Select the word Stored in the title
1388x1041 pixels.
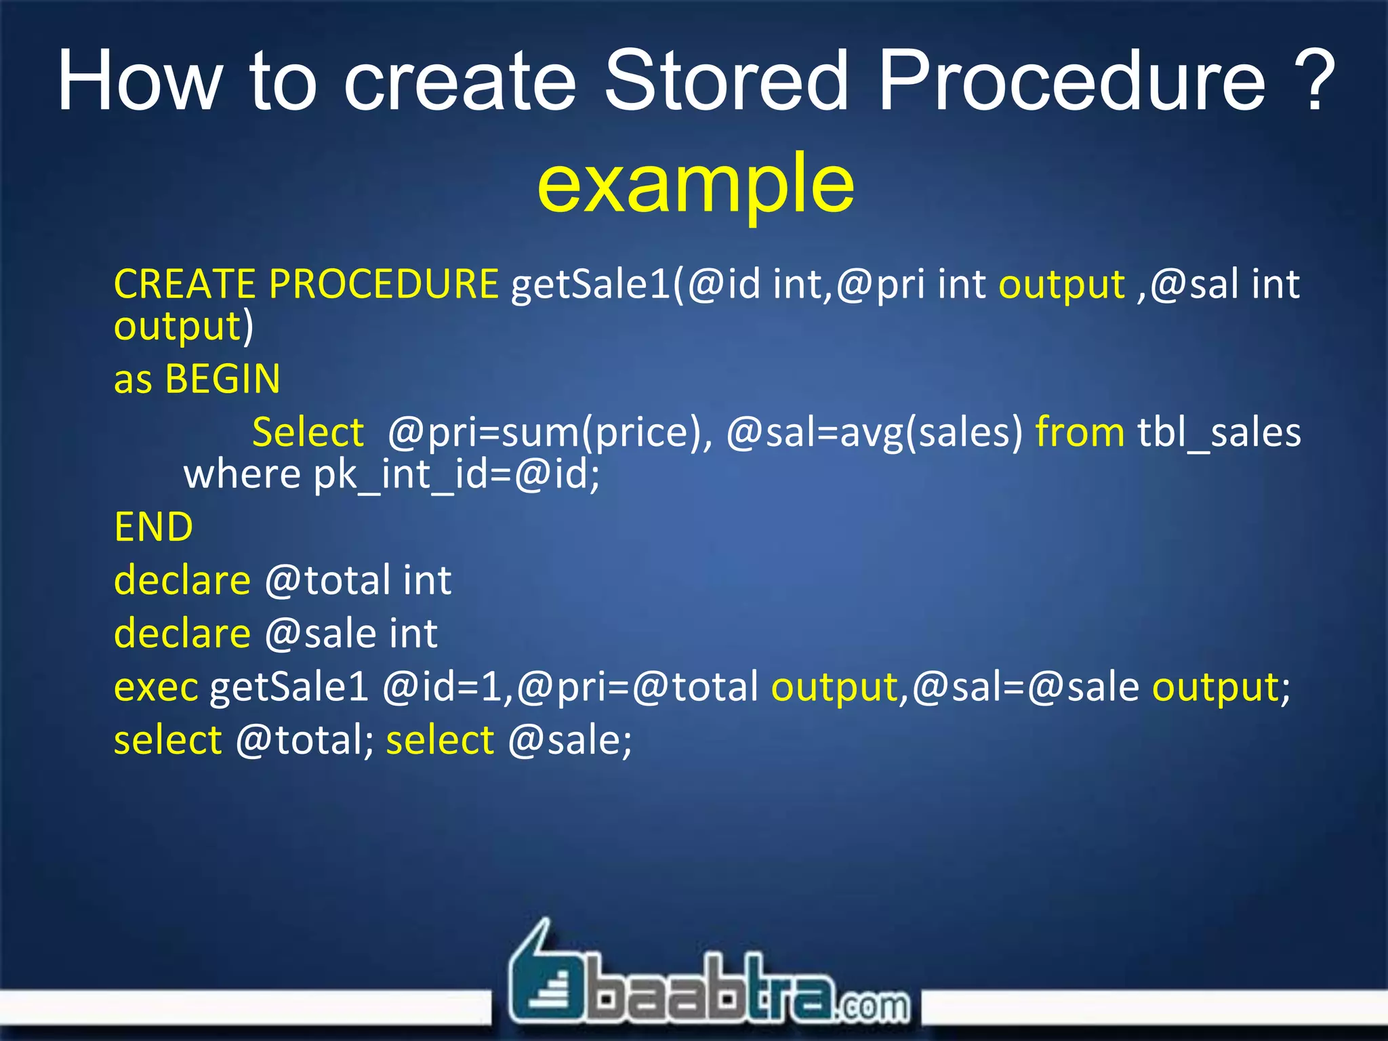726,81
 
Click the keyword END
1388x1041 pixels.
154,527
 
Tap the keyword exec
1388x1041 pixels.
156,687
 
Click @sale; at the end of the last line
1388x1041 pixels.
569,740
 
